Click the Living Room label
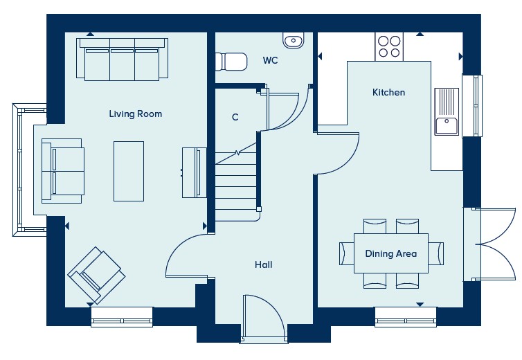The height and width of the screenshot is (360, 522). tap(136, 114)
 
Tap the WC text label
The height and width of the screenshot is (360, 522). tap(270, 61)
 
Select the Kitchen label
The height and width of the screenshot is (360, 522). tap(388, 92)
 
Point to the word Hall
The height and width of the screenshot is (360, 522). tap(263, 264)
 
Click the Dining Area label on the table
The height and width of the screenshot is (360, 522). tap(391, 254)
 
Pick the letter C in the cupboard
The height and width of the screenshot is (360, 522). tap(235, 117)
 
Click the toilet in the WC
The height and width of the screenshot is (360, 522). tap(231, 62)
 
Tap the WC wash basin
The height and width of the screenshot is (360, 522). tap(294, 40)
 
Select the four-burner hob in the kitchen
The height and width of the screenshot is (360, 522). tap(389, 46)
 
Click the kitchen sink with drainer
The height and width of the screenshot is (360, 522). tap(447, 111)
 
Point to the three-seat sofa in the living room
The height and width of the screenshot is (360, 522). tap(122, 60)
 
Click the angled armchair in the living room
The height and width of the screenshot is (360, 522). tap(96, 275)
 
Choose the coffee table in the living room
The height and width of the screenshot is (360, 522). tap(129, 171)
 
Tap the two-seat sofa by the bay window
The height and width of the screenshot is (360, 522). tap(63, 171)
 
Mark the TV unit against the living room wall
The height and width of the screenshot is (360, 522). tap(194, 172)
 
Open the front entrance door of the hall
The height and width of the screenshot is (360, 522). tap(264, 316)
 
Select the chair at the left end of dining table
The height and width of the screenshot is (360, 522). tap(347, 254)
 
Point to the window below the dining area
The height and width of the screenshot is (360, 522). tap(406, 317)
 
